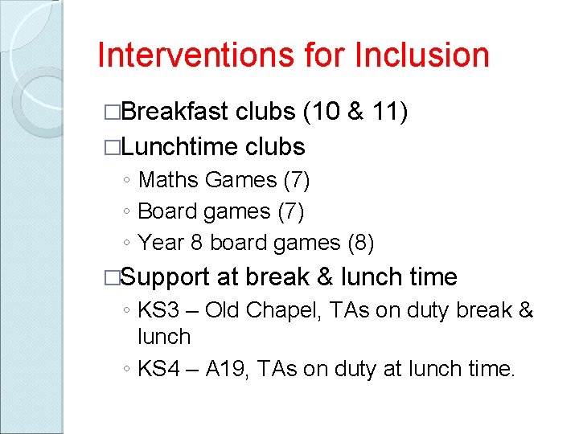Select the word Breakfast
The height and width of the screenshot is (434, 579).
(x=176, y=112)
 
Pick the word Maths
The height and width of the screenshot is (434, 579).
(x=168, y=180)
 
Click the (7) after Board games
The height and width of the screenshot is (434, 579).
(x=289, y=211)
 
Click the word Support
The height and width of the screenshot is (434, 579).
(x=166, y=277)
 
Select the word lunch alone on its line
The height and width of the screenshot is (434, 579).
(x=164, y=337)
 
